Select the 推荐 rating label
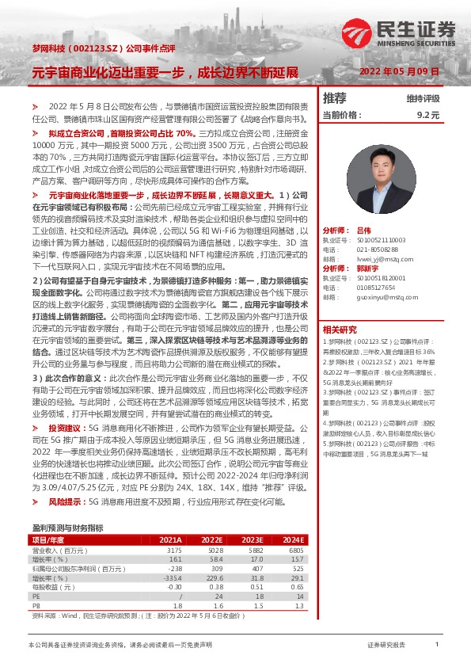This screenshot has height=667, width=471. click(335, 98)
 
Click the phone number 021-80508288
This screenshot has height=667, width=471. click(375, 249)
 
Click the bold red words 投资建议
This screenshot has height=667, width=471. click(66, 428)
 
